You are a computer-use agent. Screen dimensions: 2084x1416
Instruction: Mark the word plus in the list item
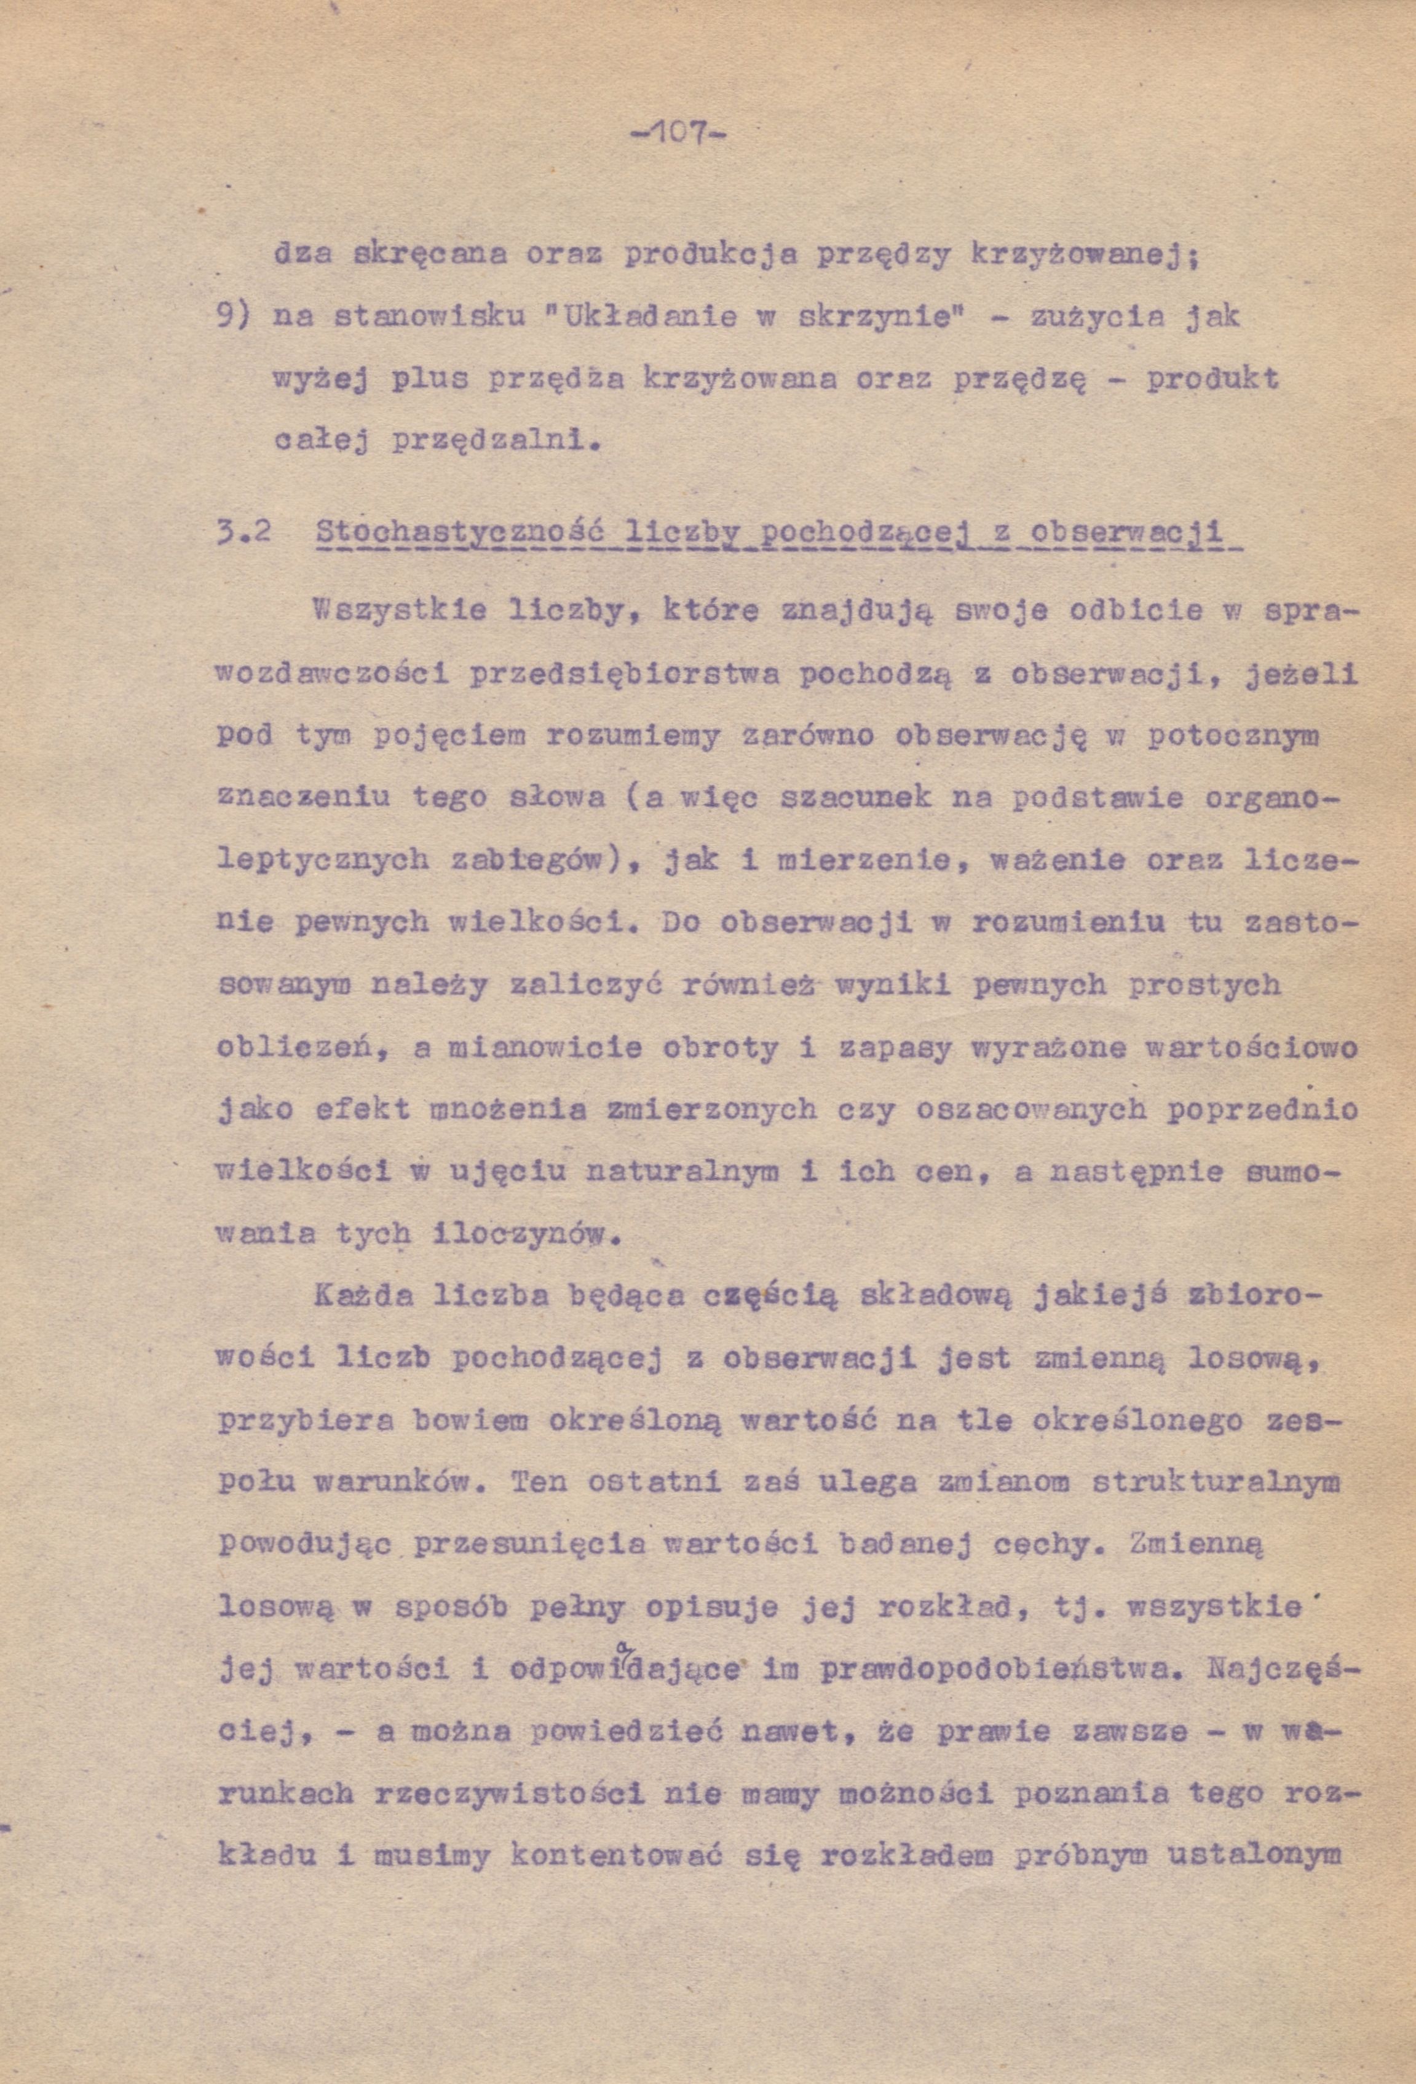[x=428, y=380]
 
